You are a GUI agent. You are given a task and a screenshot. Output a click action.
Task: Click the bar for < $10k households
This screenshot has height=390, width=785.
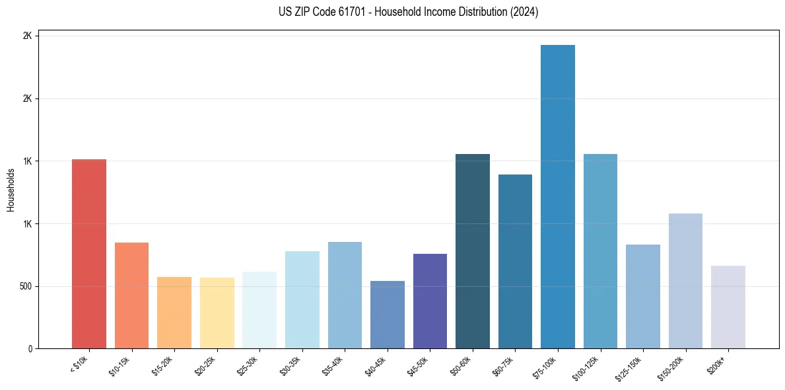[89, 254]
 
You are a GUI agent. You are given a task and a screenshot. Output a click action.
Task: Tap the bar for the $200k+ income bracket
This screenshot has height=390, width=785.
[728, 307]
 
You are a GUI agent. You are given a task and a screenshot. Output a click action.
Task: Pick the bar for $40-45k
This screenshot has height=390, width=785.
[388, 315]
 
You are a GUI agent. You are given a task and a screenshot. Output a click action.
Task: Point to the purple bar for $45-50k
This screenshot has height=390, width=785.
[430, 301]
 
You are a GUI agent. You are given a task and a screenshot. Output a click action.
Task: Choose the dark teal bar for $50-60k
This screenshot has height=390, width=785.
[473, 251]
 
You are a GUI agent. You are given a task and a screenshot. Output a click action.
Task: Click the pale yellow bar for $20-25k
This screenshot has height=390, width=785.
[217, 313]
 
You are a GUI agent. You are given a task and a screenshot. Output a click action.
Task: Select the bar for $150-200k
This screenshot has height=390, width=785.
[685, 281]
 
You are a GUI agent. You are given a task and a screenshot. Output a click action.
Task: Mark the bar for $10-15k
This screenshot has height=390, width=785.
[131, 295]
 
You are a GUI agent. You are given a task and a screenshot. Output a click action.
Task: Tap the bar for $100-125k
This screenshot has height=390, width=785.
[600, 251]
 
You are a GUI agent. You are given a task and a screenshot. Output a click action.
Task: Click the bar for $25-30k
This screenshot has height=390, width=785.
[259, 310]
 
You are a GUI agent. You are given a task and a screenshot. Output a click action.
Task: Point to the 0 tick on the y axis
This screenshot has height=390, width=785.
[30, 349]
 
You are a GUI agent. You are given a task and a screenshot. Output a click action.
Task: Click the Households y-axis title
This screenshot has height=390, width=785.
[11, 190]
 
